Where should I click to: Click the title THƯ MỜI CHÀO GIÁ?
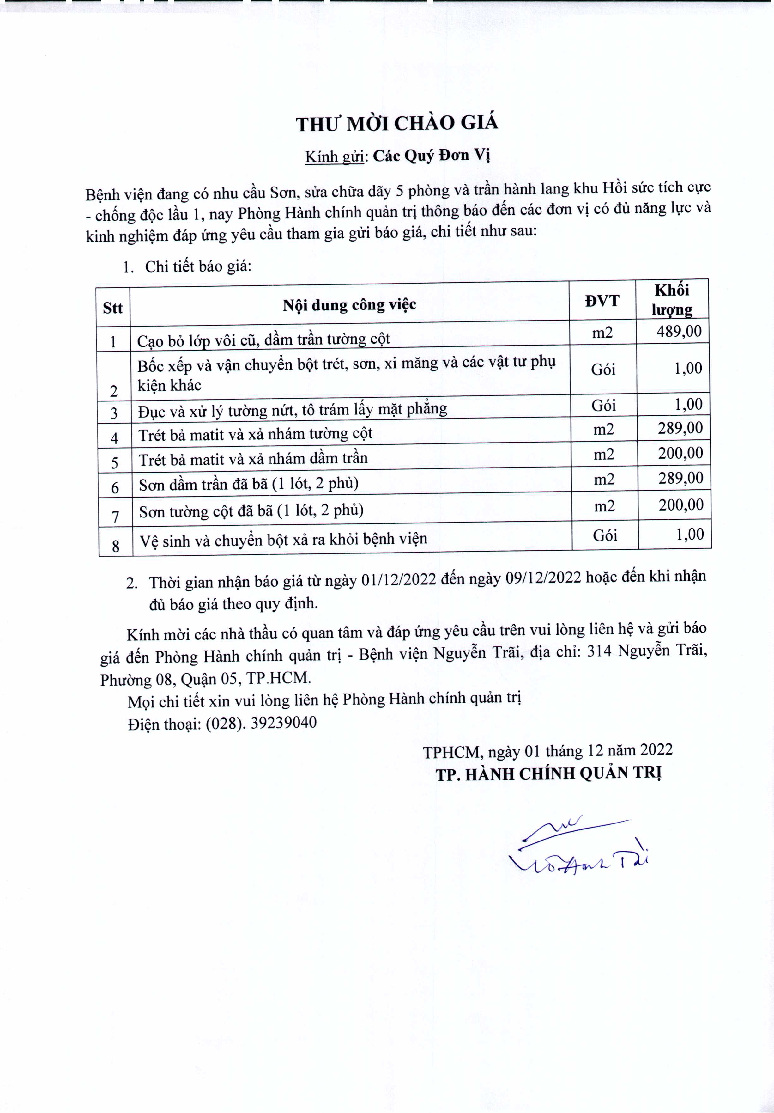click(397, 124)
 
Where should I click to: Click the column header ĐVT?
click(602, 301)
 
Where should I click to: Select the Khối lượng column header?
click(672, 300)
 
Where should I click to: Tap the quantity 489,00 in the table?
click(679, 332)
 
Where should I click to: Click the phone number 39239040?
click(283, 723)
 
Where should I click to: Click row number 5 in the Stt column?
click(115, 462)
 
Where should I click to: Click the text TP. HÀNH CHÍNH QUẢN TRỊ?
click(548, 774)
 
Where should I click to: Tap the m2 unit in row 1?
click(602, 333)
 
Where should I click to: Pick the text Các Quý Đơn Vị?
click(432, 156)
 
